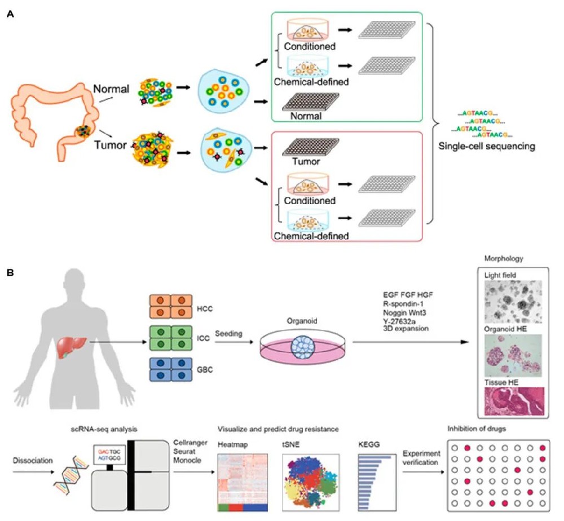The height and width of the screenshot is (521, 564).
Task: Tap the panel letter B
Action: pos(10,273)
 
